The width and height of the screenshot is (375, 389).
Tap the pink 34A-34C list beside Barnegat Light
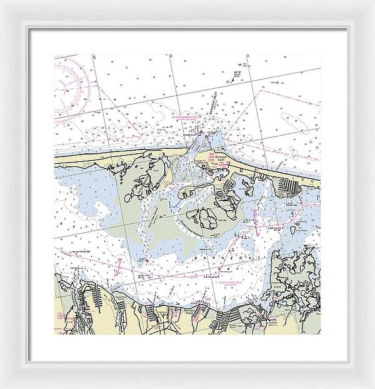pyautogui.click(x=211, y=158)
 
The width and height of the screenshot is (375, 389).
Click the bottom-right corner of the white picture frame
pyautogui.click(x=355, y=369)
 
